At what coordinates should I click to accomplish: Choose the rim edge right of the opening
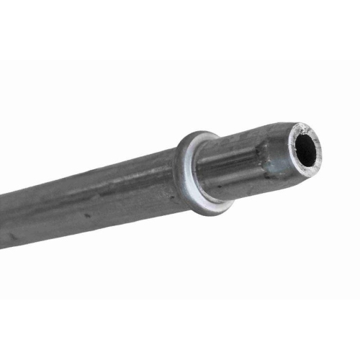pyautogui.click(x=321, y=147)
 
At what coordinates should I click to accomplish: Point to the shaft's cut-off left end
pyautogui.click(x=2, y=216)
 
